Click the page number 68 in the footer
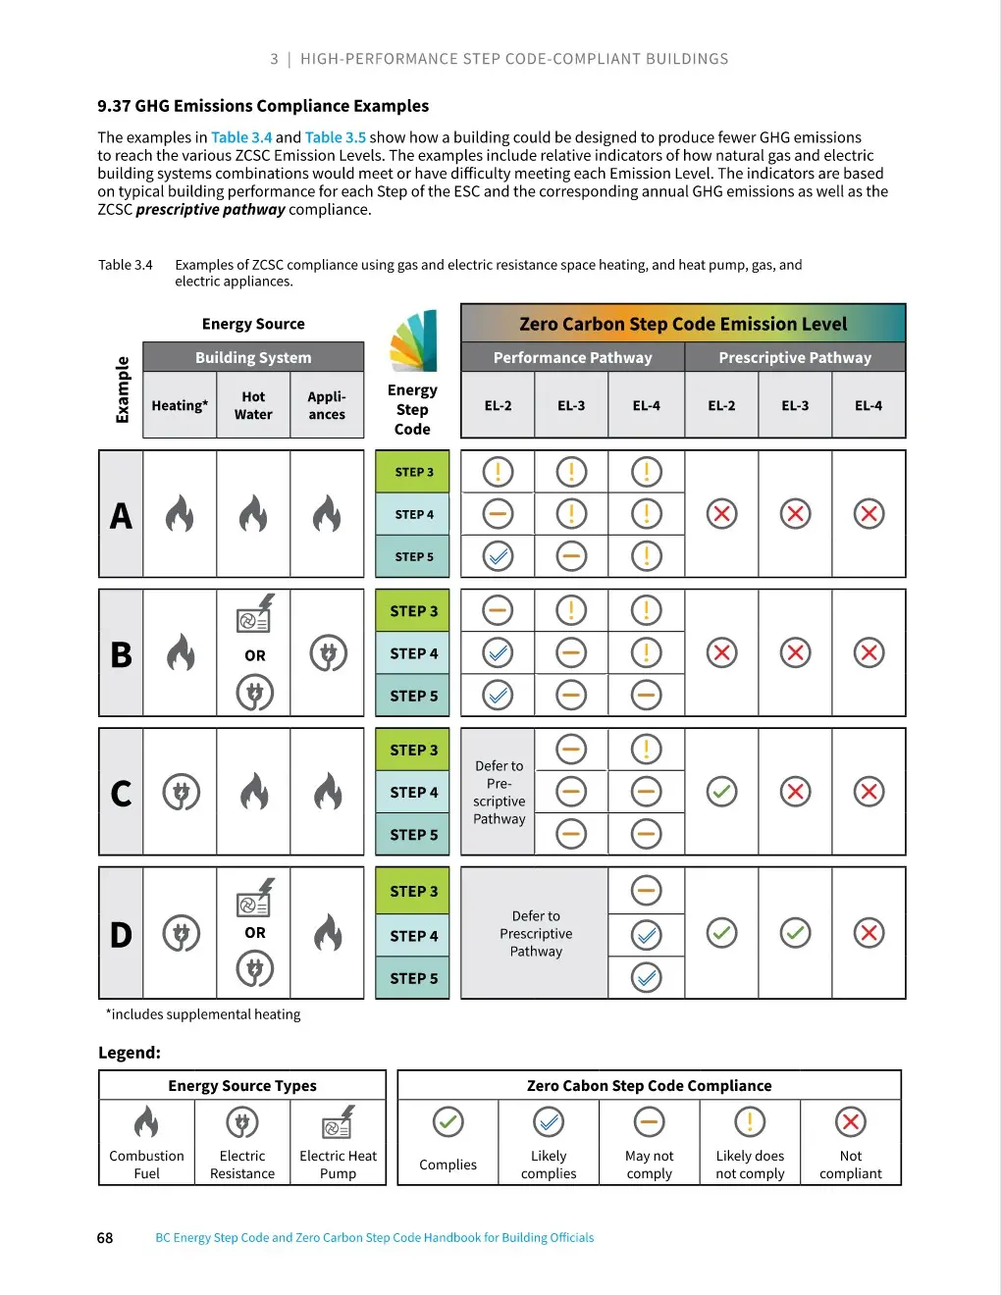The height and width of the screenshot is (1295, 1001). [105, 1237]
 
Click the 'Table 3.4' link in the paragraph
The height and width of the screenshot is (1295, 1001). [240, 137]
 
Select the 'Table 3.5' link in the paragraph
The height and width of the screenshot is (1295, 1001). [335, 137]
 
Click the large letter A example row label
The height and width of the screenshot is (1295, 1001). [121, 515]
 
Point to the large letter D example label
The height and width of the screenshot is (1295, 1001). [121, 934]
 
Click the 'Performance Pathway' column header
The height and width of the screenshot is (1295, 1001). [572, 357]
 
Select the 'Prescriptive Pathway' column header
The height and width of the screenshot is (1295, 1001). [794, 357]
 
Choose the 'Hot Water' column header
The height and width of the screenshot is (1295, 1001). [253, 405]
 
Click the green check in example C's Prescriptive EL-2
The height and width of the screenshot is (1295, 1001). [721, 791]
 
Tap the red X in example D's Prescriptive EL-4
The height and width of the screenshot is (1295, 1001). [869, 933]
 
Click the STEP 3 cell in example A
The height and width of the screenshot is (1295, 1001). [413, 472]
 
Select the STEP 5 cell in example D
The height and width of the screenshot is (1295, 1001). [413, 978]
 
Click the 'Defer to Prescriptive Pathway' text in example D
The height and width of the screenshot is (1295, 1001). [536, 933]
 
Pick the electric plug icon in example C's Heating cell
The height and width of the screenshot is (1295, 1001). [181, 792]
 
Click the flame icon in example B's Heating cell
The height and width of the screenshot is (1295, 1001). [181, 652]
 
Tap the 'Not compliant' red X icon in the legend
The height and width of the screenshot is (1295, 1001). [850, 1121]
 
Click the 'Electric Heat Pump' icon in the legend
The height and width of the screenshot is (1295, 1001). [338, 1121]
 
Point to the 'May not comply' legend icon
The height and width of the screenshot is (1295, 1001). [649, 1121]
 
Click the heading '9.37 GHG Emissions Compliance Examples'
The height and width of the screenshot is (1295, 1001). [263, 106]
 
